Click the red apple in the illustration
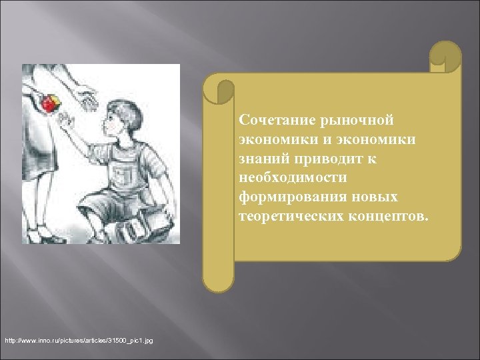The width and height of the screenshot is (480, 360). point(49,103)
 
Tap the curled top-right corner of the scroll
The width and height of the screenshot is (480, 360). point(445,57)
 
